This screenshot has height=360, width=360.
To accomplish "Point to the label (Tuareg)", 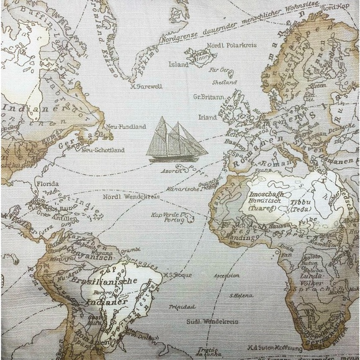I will tap(269, 209).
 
